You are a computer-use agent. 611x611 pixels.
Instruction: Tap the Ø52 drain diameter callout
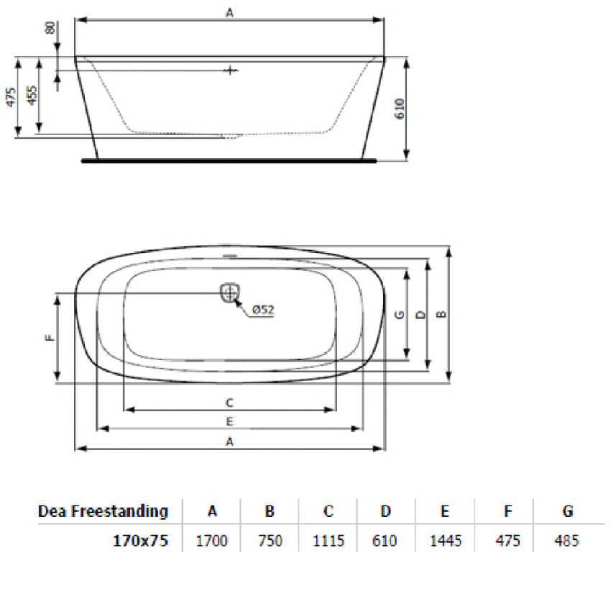point(264,310)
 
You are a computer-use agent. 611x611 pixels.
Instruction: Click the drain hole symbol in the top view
point(229,292)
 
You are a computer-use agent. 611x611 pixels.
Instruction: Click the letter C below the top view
point(229,402)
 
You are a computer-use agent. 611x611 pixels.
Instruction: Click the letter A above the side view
point(229,12)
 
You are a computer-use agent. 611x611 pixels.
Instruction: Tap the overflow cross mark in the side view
point(229,70)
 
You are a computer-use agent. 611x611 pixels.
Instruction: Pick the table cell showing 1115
point(328,541)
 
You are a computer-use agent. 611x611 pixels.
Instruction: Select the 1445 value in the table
point(444,541)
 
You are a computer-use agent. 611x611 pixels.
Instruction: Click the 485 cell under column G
point(567,541)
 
